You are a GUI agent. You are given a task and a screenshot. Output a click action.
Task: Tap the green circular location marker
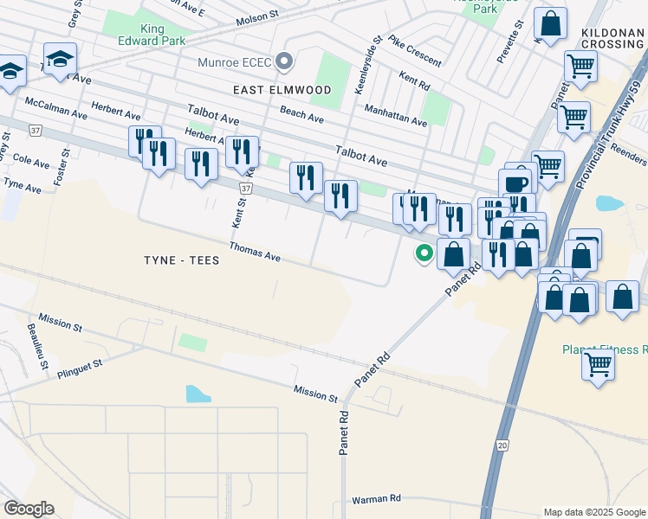424,253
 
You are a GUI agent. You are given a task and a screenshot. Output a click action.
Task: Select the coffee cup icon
516,184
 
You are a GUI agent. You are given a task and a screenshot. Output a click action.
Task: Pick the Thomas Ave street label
255,253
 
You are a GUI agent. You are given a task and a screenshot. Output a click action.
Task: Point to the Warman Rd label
376,499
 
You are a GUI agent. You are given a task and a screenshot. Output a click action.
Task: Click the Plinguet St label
80,369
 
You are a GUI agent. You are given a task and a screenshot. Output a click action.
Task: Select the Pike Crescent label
414,51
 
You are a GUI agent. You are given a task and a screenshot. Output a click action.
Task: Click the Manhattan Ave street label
395,117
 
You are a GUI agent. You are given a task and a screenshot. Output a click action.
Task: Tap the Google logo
29,509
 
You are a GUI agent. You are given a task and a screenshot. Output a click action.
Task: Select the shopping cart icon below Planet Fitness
598,364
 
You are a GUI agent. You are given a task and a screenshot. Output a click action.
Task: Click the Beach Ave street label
301,114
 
